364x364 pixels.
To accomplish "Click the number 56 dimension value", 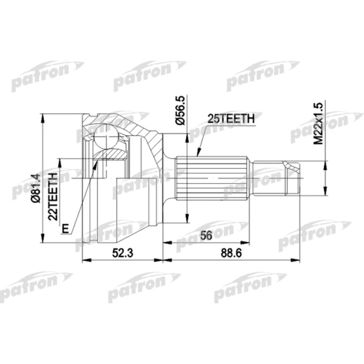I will [x=206, y=236].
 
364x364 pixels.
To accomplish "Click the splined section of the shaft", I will [x=210, y=177].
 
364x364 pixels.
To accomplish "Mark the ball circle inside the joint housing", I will [x=107, y=137].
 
